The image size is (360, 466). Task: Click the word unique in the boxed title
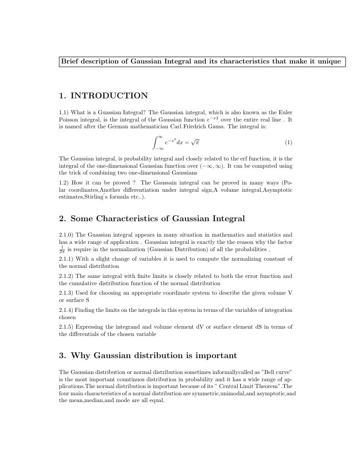(330, 62)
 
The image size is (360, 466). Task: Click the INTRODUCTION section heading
(109, 96)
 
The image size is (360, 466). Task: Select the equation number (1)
(288, 142)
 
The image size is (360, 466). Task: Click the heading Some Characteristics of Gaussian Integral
(157, 218)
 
